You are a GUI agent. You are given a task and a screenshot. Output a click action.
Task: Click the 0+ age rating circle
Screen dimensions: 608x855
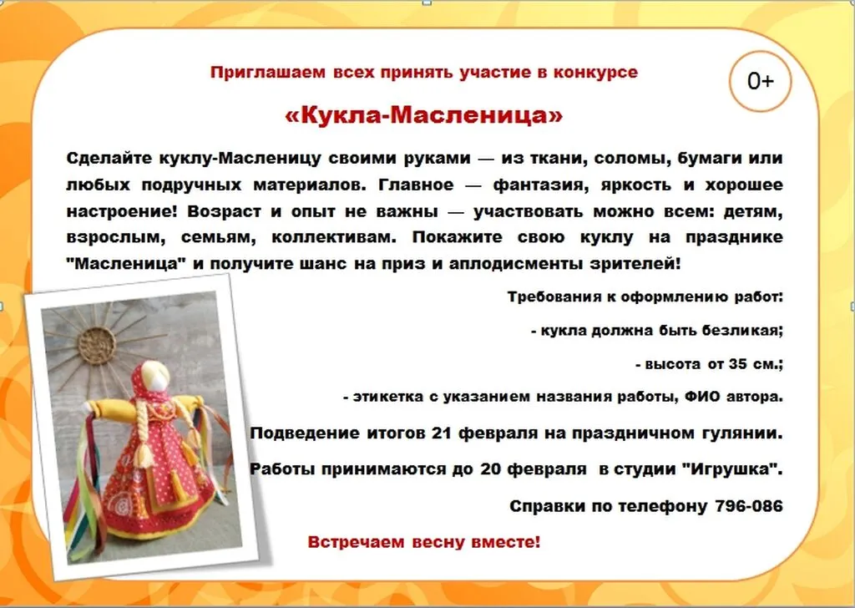(760, 81)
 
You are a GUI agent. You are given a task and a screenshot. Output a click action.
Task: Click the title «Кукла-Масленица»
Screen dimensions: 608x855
(424, 115)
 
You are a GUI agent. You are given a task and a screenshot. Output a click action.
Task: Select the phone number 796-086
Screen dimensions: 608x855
(749, 506)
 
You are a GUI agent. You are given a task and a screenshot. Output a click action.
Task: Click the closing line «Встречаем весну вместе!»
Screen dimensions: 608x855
(424, 542)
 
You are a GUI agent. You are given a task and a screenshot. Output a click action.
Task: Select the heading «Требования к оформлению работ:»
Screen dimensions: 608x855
(645, 296)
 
